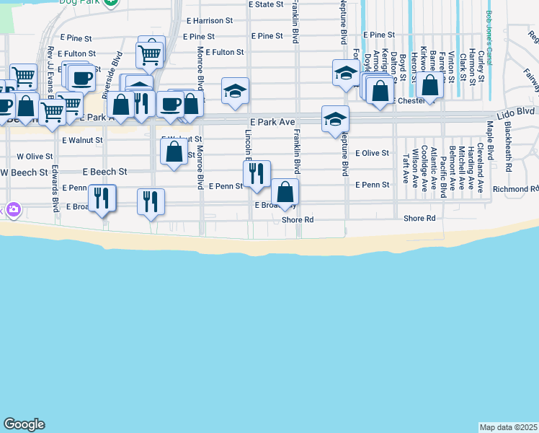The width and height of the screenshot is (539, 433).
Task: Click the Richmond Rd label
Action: [x=515, y=189]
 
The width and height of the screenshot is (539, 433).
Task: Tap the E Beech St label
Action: [x=104, y=172]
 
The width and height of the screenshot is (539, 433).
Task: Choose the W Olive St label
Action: [x=35, y=156]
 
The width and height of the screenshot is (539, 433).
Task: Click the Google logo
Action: [x=24, y=424]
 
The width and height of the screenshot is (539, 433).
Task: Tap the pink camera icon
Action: [x=14, y=210]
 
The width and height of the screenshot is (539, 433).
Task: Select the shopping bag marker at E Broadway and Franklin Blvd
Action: [x=285, y=192]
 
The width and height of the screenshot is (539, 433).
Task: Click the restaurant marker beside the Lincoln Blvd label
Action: [x=257, y=174]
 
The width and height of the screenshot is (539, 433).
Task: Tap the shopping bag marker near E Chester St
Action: [x=430, y=86]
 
